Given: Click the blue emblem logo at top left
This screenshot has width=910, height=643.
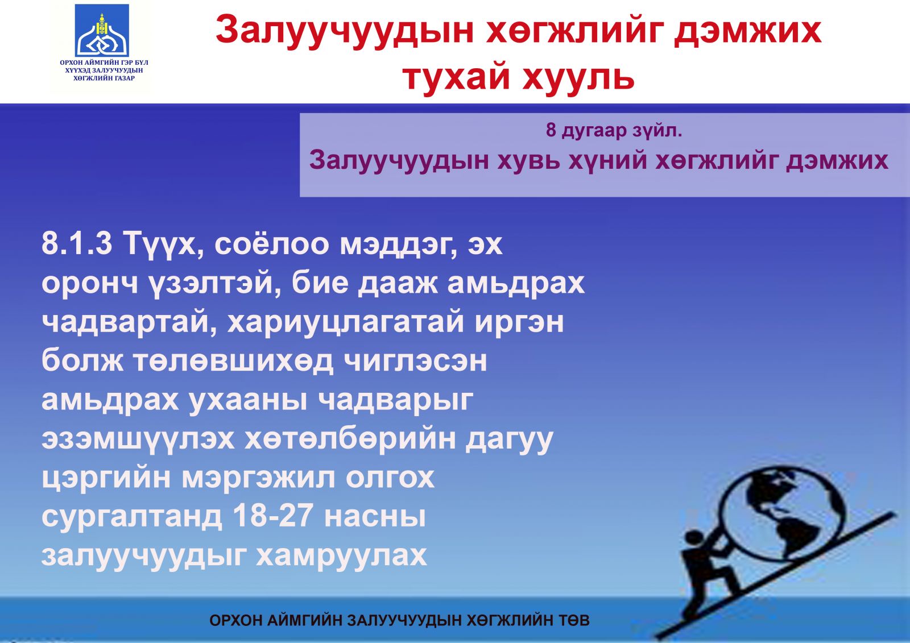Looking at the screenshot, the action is [102, 31].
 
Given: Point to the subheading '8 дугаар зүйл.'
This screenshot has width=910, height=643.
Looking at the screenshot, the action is [614, 130].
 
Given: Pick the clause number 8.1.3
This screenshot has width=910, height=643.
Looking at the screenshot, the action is [77, 244].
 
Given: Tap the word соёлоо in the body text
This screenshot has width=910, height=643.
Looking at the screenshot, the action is [271, 244].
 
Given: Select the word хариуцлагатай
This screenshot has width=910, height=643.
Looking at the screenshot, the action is [345, 323].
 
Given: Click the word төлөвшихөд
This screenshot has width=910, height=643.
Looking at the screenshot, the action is [234, 361].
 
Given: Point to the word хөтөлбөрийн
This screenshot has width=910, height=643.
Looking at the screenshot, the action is [350, 439].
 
